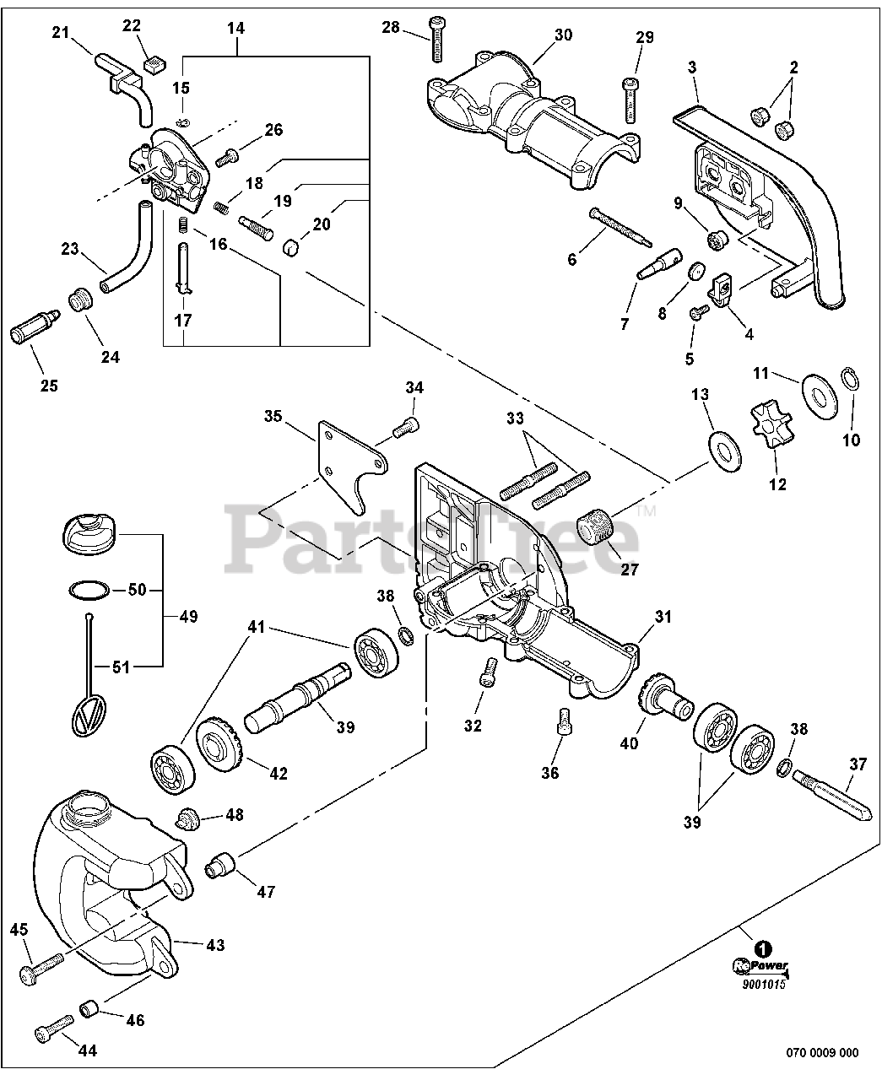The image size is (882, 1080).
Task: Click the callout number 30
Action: [563, 35]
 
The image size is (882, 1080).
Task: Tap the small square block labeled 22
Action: [154, 65]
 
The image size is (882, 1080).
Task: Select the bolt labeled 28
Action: [437, 39]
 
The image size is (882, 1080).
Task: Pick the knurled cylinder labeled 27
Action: [596, 526]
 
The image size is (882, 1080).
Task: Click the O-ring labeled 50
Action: [89, 590]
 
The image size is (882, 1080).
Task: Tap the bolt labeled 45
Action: [41, 967]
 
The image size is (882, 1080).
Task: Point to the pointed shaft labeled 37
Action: [831, 796]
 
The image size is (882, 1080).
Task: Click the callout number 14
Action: [235, 28]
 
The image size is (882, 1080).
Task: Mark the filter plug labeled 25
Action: [35, 327]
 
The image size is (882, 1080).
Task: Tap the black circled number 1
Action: [763, 950]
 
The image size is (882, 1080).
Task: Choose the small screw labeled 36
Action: [563, 721]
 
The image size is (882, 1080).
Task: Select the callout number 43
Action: [215, 945]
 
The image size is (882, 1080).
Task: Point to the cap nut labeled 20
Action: [291, 248]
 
